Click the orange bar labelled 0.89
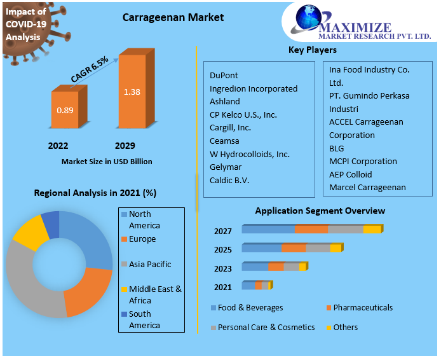click(x=65, y=111)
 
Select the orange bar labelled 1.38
click(x=132, y=92)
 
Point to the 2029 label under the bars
click(x=125, y=146)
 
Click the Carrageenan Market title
click(x=173, y=17)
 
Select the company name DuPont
click(x=224, y=75)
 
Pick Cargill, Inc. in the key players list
click(x=230, y=128)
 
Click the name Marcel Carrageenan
click(x=367, y=188)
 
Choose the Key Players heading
click(x=313, y=50)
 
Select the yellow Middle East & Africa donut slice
click(x=29, y=233)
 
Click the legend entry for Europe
click(x=142, y=239)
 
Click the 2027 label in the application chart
click(x=223, y=231)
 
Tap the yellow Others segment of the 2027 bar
click(x=372, y=229)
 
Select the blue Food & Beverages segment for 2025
click(x=261, y=248)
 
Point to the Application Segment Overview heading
click(x=320, y=211)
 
